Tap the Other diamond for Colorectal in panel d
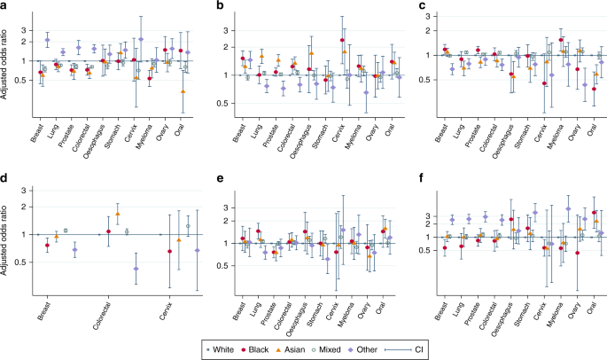(136, 268)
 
